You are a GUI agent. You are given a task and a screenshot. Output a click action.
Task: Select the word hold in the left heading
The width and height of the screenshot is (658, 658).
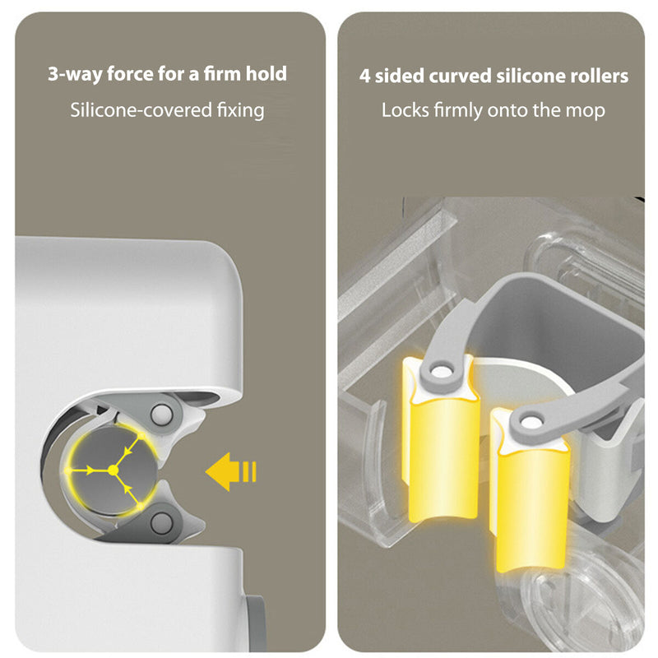click(x=266, y=73)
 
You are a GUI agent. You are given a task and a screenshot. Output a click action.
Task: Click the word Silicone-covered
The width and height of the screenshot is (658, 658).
click(x=141, y=110)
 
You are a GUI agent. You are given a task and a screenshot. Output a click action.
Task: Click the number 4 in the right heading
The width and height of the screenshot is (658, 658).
click(x=364, y=76)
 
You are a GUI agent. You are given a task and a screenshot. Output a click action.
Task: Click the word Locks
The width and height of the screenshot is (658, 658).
click(x=405, y=110)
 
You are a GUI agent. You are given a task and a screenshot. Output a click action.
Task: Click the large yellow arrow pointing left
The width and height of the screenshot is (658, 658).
click(x=231, y=471)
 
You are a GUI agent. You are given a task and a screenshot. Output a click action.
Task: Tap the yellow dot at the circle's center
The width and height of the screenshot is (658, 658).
click(x=113, y=470)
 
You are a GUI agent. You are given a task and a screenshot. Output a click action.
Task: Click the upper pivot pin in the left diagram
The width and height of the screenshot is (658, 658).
click(x=161, y=415)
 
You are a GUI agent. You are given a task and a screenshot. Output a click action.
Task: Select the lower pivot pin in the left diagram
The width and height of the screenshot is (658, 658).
click(x=161, y=523)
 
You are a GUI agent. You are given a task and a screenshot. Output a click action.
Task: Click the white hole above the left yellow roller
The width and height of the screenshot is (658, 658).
click(x=441, y=372)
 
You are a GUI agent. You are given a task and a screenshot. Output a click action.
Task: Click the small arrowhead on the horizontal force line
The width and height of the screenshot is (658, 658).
click(x=90, y=470)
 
